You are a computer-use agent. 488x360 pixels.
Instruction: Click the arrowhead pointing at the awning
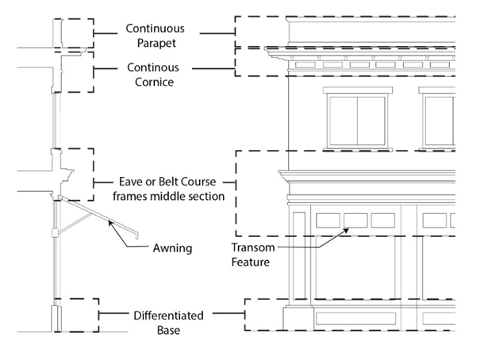tap(112, 224)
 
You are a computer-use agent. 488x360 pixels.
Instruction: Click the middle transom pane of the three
tap(355, 220)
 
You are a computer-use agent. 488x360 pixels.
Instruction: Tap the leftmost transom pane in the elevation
tap(328, 220)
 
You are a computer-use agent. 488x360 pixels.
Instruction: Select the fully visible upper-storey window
tap(356, 121)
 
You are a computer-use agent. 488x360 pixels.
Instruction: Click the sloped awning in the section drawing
tap(103, 217)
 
